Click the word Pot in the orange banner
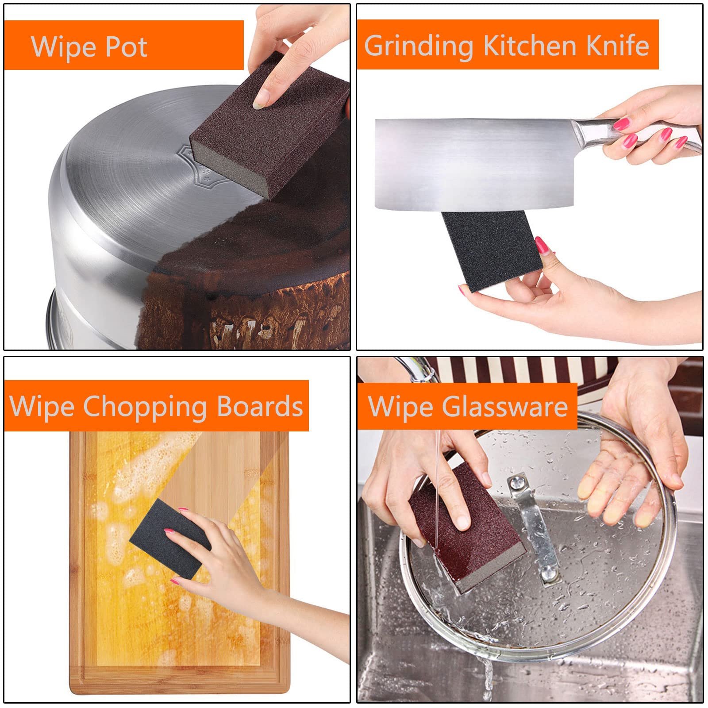[126, 47]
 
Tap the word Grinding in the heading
[419, 46]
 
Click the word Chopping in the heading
[145, 407]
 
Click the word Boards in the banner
[260, 407]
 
